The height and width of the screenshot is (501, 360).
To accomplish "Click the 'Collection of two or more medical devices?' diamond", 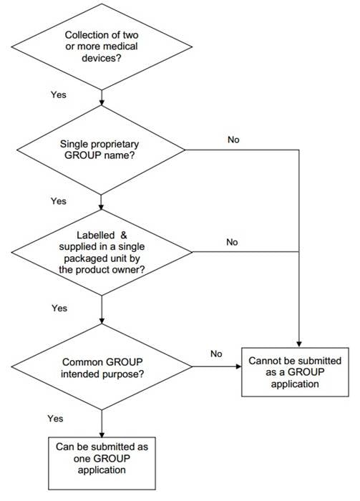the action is pyautogui.click(x=102, y=47).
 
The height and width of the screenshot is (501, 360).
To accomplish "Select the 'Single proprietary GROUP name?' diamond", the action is pyautogui.click(x=101, y=150).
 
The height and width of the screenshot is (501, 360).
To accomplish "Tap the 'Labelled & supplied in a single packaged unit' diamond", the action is pyautogui.click(x=102, y=253).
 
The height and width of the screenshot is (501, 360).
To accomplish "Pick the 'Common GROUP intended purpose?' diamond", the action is pyautogui.click(x=102, y=366).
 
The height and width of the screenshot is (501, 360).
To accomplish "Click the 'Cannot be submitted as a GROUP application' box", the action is pyautogui.click(x=295, y=372).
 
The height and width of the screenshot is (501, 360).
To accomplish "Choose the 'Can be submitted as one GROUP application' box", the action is pyautogui.click(x=102, y=463).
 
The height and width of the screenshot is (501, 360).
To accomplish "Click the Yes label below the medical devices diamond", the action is pyautogui.click(x=59, y=94).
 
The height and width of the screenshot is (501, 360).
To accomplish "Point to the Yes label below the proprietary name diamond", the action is pyautogui.click(x=59, y=201).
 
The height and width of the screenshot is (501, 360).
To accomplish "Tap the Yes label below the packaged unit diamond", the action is pyautogui.click(x=59, y=308).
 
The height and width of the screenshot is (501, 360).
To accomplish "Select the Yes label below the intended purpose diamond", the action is pyautogui.click(x=55, y=419).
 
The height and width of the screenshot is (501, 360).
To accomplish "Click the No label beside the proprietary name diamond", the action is pyautogui.click(x=233, y=140).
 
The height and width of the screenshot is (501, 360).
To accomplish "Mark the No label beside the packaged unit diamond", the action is pyautogui.click(x=232, y=242).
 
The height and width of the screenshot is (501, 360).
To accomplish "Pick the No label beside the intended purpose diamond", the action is pyautogui.click(x=216, y=354).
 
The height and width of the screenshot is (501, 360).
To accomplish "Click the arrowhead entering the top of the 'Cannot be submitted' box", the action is pyautogui.click(x=299, y=344).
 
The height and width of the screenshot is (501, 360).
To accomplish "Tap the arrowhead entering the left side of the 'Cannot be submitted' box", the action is pyautogui.click(x=238, y=366).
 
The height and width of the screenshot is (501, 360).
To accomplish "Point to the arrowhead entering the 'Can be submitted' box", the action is pyautogui.click(x=102, y=434).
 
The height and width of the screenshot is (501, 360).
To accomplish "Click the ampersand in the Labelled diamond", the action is pyautogui.click(x=124, y=235).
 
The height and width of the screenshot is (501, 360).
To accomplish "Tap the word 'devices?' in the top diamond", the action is pyautogui.click(x=102, y=58).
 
